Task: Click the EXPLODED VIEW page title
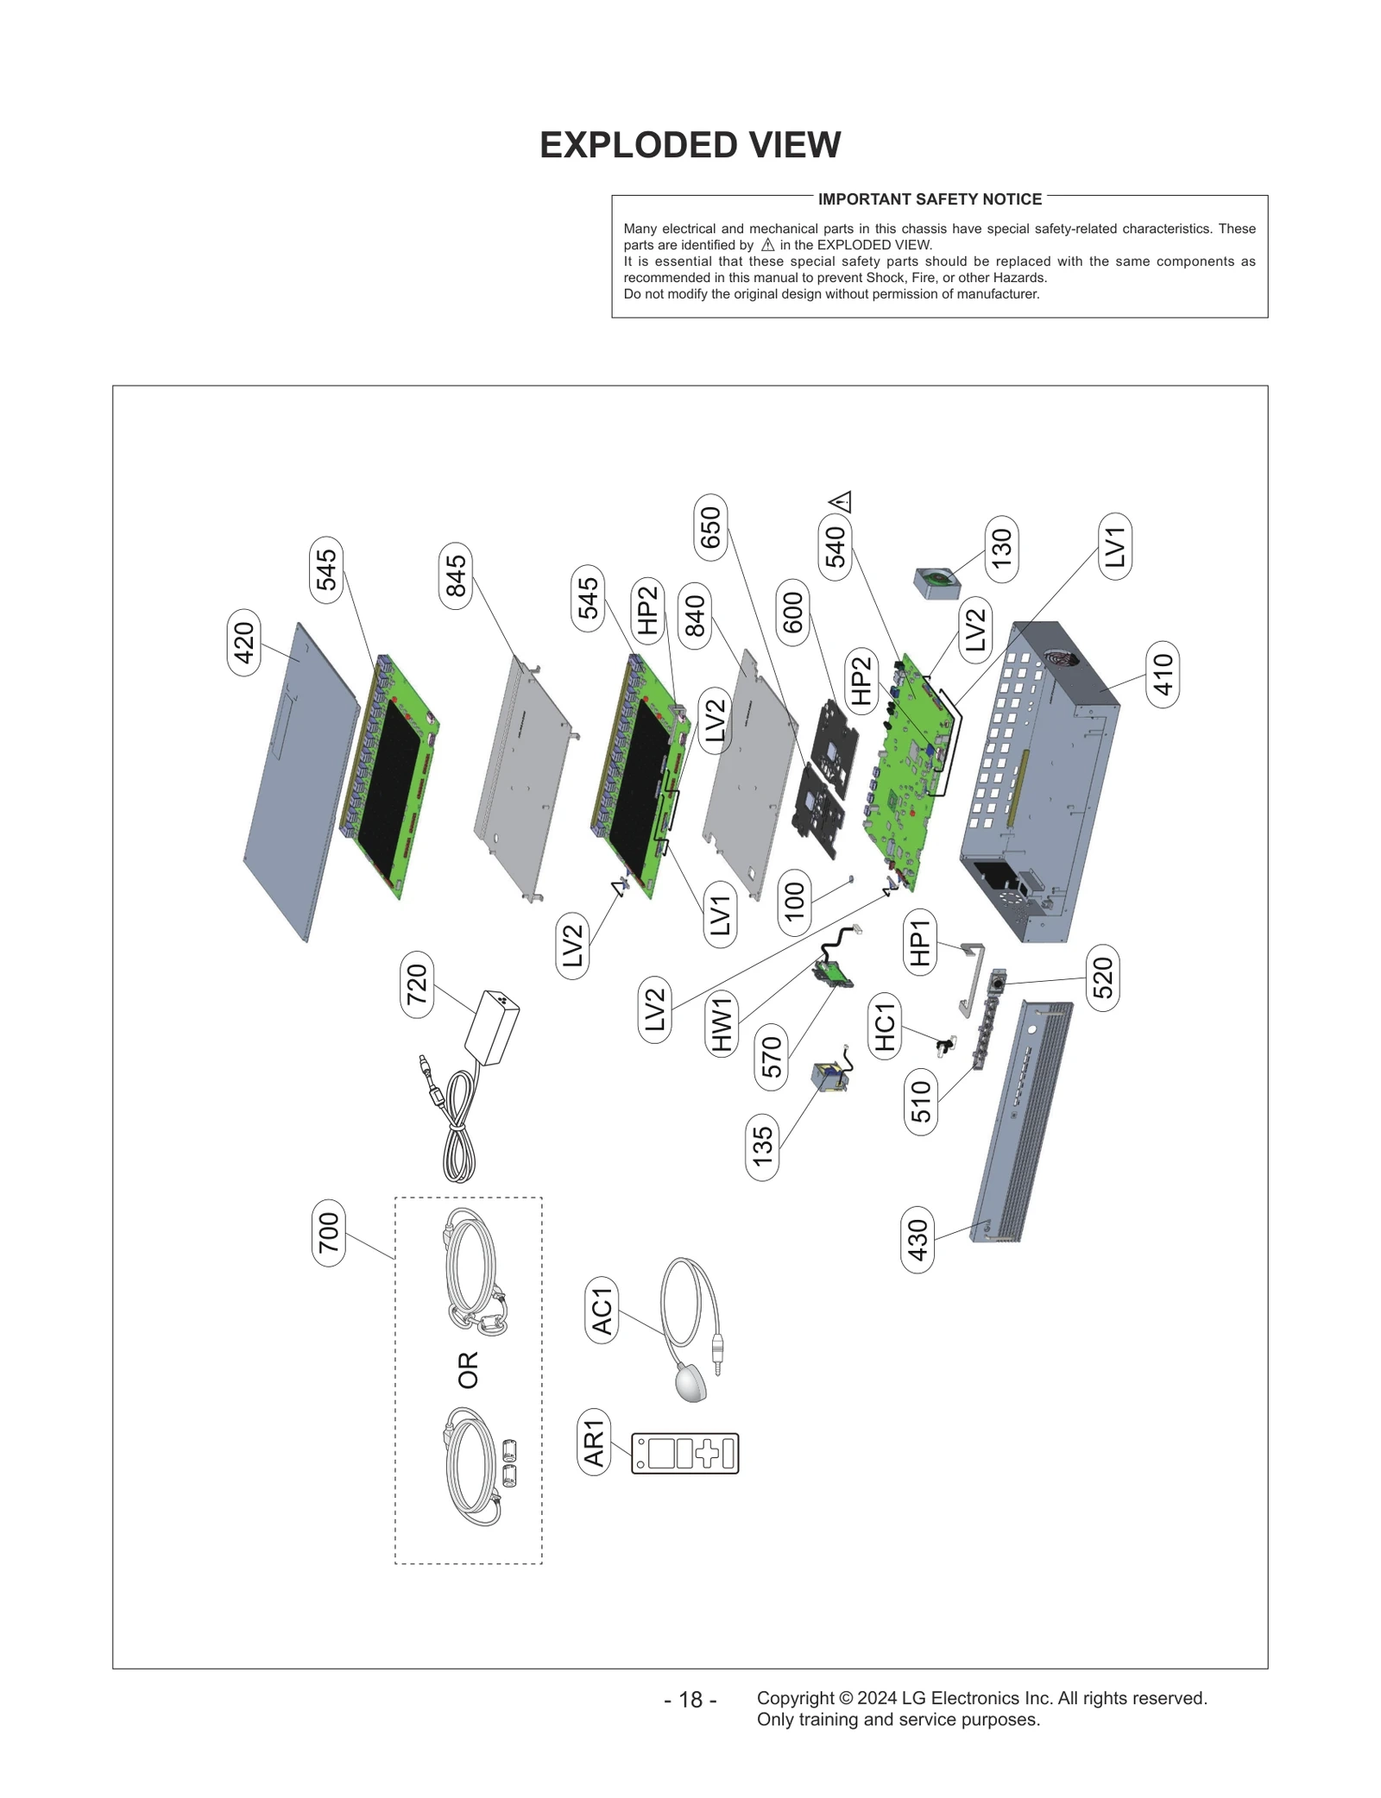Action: coord(690,145)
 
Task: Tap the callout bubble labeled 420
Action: coord(243,643)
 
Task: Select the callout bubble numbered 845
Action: coord(455,575)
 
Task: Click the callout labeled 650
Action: coord(710,527)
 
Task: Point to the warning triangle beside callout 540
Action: coord(840,501)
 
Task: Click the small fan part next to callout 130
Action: coord(936,583)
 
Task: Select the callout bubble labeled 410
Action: coord(1163,675)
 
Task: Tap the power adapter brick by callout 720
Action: coord(492,1028)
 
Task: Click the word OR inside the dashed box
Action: coord(468,1369)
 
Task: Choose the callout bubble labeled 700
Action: coord(328,1232)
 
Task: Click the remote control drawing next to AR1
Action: coord(685,1454)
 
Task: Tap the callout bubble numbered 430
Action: coord(917,1240)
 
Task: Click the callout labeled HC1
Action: coord(885,1027)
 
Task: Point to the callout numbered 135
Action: coord(762,1147)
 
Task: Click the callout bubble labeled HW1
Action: coord(721,1023)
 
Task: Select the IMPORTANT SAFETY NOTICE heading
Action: coord(930,199)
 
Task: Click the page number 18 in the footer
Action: coord(690,1700)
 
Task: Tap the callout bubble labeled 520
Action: coord(1102,978)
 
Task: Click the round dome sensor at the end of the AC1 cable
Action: coord(690,1382)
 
